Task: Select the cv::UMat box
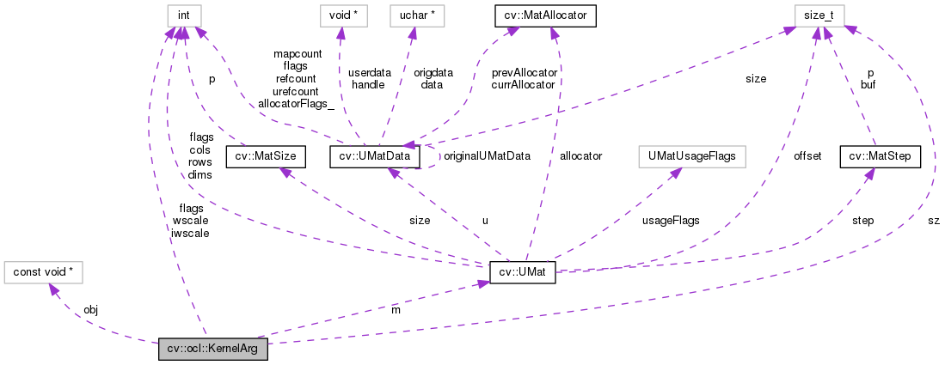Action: click(x=522, y=272)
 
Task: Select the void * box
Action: click(x=340, y=15)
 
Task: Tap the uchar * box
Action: click(x=415, y=15)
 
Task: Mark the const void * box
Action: click(x=40, y=272)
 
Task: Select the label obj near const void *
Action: click(x=90, y=309)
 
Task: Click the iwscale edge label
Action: click(x=190, y=232)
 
